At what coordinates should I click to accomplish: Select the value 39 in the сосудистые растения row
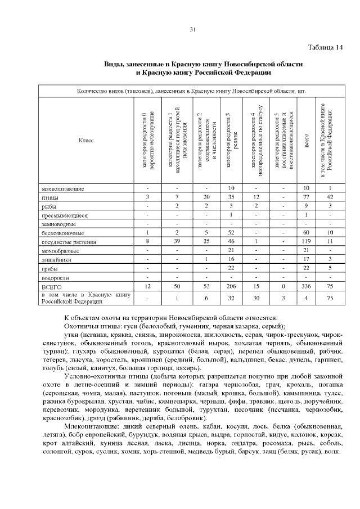click(x=177, y=242)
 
